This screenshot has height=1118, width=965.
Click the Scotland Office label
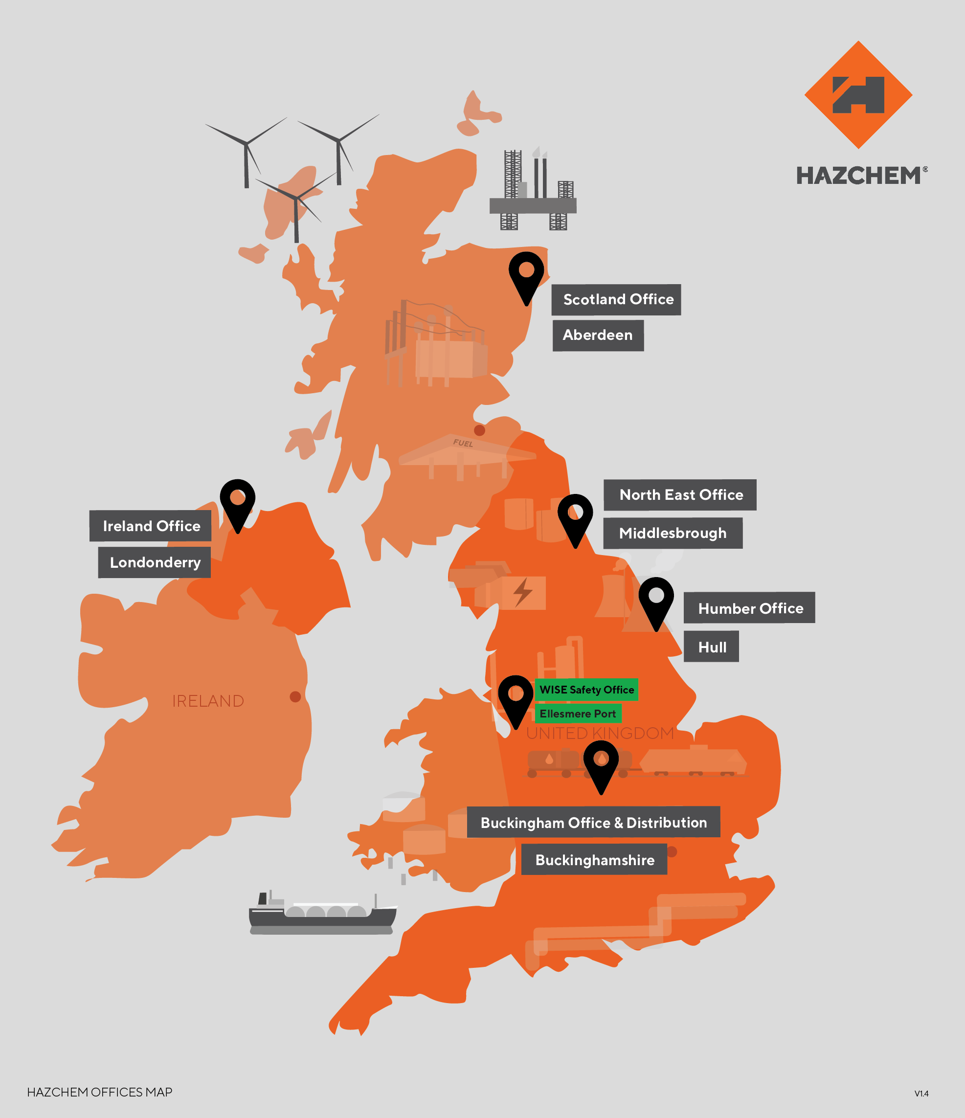click(x=616, y=299)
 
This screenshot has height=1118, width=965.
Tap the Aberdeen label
click(x=598, y=335)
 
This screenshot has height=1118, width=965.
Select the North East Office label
click(x=680, y=495)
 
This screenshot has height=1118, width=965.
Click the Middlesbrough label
click(x=673, y=533)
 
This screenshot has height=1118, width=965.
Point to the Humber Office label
click(x=749, y=608)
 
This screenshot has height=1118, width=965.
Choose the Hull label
click(x=711, y=647)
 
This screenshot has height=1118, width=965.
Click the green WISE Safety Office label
click(x=586, y=690)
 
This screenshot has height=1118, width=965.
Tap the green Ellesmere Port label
click(x=578, y=714)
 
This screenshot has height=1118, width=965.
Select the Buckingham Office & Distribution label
click(x=593, y=822)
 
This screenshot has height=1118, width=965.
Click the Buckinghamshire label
click(x=594, y=860)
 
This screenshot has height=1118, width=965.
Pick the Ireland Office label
click(x=151, y=526)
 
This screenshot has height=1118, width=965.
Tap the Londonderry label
click(x=155, y=562)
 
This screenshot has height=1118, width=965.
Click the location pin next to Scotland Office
click(x=526, y=275)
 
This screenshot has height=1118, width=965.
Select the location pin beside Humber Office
click(x=656, y=601)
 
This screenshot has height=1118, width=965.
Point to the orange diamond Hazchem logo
click(x=858, y=95)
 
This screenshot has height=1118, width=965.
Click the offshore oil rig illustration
click(x=533, y=192)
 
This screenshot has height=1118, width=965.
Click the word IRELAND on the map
click(x=208, y=701)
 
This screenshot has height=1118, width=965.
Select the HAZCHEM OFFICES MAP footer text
click(x=100, y=1092)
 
